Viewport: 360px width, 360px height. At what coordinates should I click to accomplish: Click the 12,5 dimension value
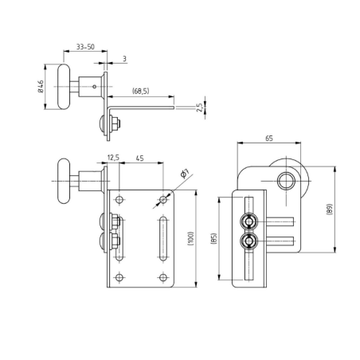[112, 158]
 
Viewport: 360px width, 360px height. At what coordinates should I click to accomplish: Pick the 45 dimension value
[139, 158]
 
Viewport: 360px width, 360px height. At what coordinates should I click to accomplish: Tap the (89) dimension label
[329, 210]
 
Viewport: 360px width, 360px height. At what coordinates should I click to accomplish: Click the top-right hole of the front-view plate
[163, 198]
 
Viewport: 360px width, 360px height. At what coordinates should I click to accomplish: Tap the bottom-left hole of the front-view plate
[119, 277]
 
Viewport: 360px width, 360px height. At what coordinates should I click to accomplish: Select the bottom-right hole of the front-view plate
[163, 277]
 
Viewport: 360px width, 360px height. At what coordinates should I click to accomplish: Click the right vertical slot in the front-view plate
[162, 237]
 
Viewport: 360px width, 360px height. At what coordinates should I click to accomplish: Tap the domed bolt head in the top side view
[101, 123]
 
